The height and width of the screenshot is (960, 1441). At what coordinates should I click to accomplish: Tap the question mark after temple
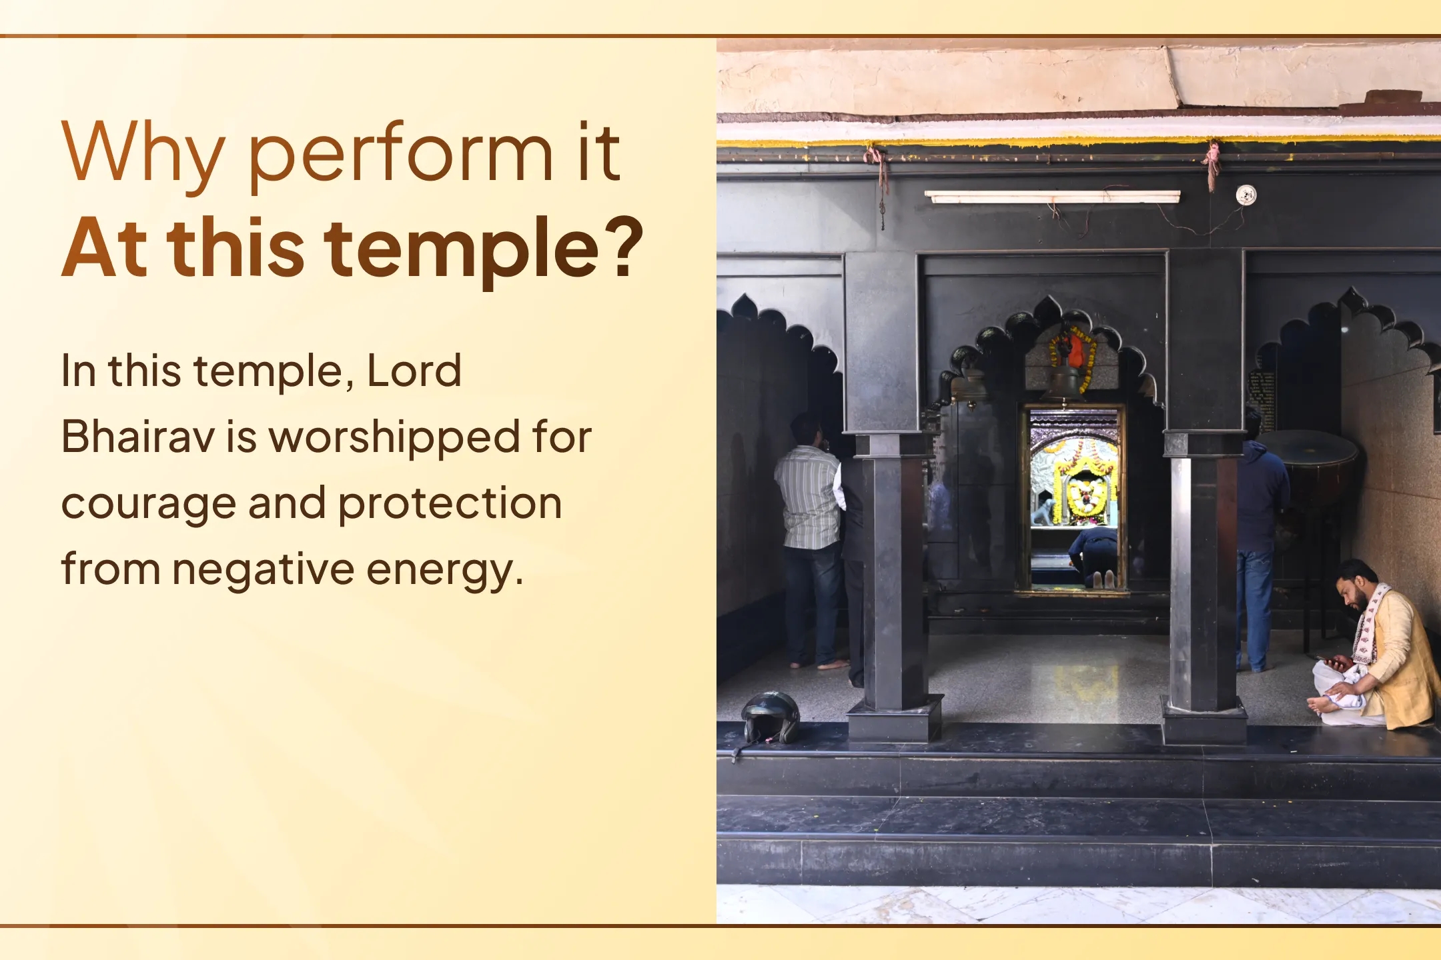(x=627, y=247)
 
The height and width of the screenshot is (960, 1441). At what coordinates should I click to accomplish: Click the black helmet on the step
(x=771, y=717)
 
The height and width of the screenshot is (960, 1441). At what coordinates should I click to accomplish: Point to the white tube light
(x=1052, y=196)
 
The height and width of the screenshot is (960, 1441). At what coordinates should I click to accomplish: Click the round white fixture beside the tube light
(x=1246, y=195)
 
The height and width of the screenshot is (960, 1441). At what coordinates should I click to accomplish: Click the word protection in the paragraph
(x=450, y=503)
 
